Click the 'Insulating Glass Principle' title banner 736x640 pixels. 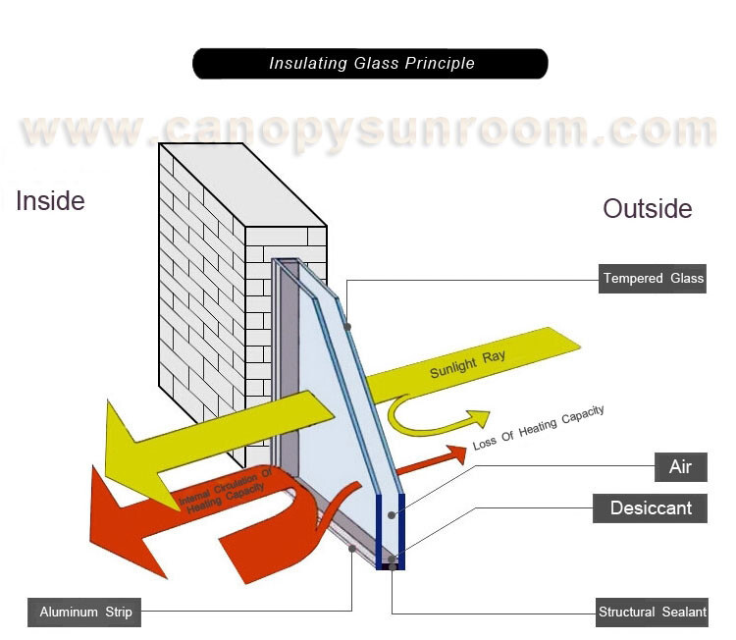tap(370, 64)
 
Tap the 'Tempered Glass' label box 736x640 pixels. tap(654, 279)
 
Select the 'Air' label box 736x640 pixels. tap(681, 466)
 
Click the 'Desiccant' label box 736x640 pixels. tap(651, 508)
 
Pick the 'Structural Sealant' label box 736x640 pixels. tap(653, 612)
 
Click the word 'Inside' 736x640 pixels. tap(50, 201)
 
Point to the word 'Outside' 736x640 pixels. tap(648, 209)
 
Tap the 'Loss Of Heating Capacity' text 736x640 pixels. tap(538, 428)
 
